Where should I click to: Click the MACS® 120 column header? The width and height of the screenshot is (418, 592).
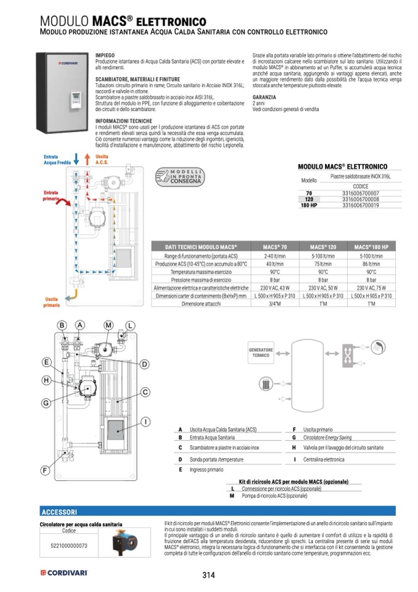[x=322, y=246]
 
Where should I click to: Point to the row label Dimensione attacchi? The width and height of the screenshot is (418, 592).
[x=201, y=303]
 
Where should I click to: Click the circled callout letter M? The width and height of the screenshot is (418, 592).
[x=109, y=325]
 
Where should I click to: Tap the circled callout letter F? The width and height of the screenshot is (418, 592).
[x=45, y=470]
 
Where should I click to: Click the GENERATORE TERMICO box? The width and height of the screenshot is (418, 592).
[x=260, y=353]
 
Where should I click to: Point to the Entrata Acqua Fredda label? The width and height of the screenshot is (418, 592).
[x=51, y=161]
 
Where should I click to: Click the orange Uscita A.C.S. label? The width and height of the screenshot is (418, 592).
[x=102, y=160]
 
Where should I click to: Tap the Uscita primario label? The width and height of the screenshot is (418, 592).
[x=51, y=301]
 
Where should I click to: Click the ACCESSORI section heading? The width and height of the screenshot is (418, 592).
[x=59, y=512]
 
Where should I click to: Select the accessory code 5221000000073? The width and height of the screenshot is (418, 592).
[x=68, y=546]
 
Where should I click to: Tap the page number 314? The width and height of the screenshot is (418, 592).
[x=208, y=575]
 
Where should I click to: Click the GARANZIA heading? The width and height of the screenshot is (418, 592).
[x=264, y=98]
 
